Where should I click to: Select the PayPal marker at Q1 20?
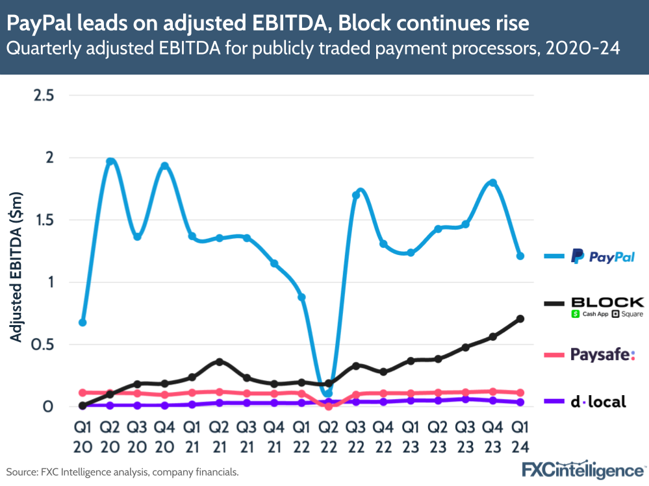click(83, 322)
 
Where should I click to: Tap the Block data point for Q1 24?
click(520, 319)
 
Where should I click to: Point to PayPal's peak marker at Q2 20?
click(110, 162)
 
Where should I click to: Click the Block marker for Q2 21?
click(219, 361)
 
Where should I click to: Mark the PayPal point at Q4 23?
click(492, 183)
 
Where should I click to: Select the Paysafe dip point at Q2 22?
click(328, 406)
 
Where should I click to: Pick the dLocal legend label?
click(598, 402)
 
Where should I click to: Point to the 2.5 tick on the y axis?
click(44, 95)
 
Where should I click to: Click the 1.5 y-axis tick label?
click(44, 220)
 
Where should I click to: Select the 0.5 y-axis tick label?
click(44, 345)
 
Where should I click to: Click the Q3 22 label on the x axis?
click(355, 437)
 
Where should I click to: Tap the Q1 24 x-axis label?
click(520, 437)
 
